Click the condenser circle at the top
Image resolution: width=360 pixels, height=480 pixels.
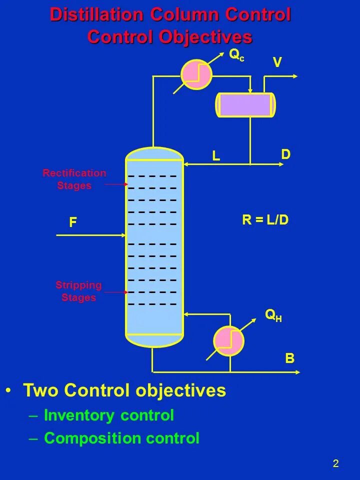pyautogui.click(x=196, y=74)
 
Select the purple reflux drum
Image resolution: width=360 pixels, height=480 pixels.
pyautogui.click(x=245, y=105)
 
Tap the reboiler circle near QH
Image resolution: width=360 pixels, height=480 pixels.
pyautogui.click(x=228, y=341)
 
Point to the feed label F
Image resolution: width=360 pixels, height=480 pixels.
pyautogui.click(x=73, y=222)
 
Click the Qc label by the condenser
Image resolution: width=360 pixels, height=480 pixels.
pyautogui.click(x=236, y=55)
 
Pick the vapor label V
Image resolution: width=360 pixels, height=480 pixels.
pyautogui.click(x=277, y=62)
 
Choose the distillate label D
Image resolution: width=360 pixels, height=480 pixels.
pyautogui.click(x=285, y=154)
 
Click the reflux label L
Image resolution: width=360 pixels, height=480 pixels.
pyautogui.click(x=216, y=156)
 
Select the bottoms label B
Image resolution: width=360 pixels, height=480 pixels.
pyautogui.click(x=290, y=358)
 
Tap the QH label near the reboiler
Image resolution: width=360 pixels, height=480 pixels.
pyautogui.click(x=273, y=315)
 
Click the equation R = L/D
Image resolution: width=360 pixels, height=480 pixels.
pyautogui.click(x=265, y=220)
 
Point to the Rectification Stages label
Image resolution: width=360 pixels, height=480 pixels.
pyautogui.click(x=74, y=179)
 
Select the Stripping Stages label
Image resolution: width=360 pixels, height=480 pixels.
pyautogui.click(x=78, y=291)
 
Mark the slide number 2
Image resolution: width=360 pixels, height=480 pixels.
pyautogui.click(x=335, y=463)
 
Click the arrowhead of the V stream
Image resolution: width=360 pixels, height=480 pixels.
pyautogui.click(x=295, y=76)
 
